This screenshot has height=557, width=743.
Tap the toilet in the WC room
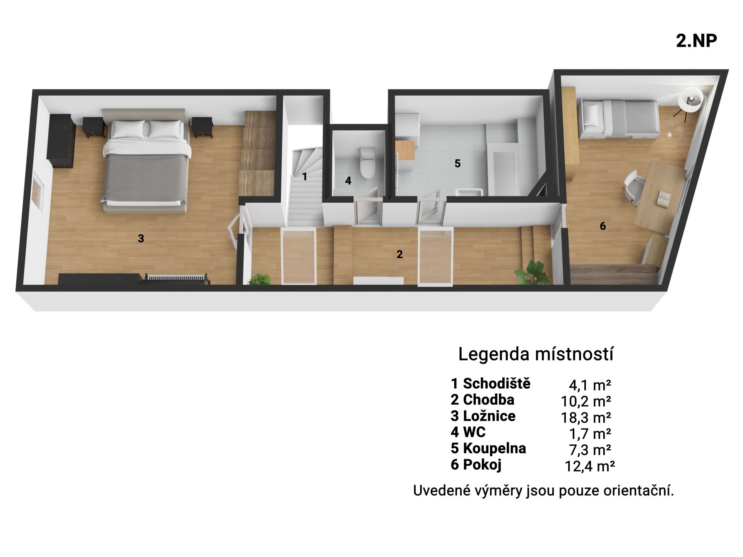[x=366, y=164]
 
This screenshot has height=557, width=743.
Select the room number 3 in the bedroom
[x=141, y=239]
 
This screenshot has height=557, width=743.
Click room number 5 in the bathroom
[x=457, y=164]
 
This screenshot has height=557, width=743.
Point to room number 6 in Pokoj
[x=603, y=226]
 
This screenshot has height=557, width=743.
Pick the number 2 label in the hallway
[x=400, y=254]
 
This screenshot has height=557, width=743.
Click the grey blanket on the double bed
[x=145, y=178]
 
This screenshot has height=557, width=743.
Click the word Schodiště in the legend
[x=496, y=383]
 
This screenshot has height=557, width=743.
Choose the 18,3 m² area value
[x=586, y=417]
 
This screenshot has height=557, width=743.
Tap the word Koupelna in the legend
[x=494, y=448]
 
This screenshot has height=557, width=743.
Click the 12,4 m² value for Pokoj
[x=590, y=466]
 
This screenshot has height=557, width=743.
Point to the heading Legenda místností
[x=536, y=354]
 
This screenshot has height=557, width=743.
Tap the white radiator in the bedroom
[x=176, y=279]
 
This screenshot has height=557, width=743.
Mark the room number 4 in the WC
[x=348, y=181]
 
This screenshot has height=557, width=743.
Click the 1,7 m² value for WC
[x=589, y=434]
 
